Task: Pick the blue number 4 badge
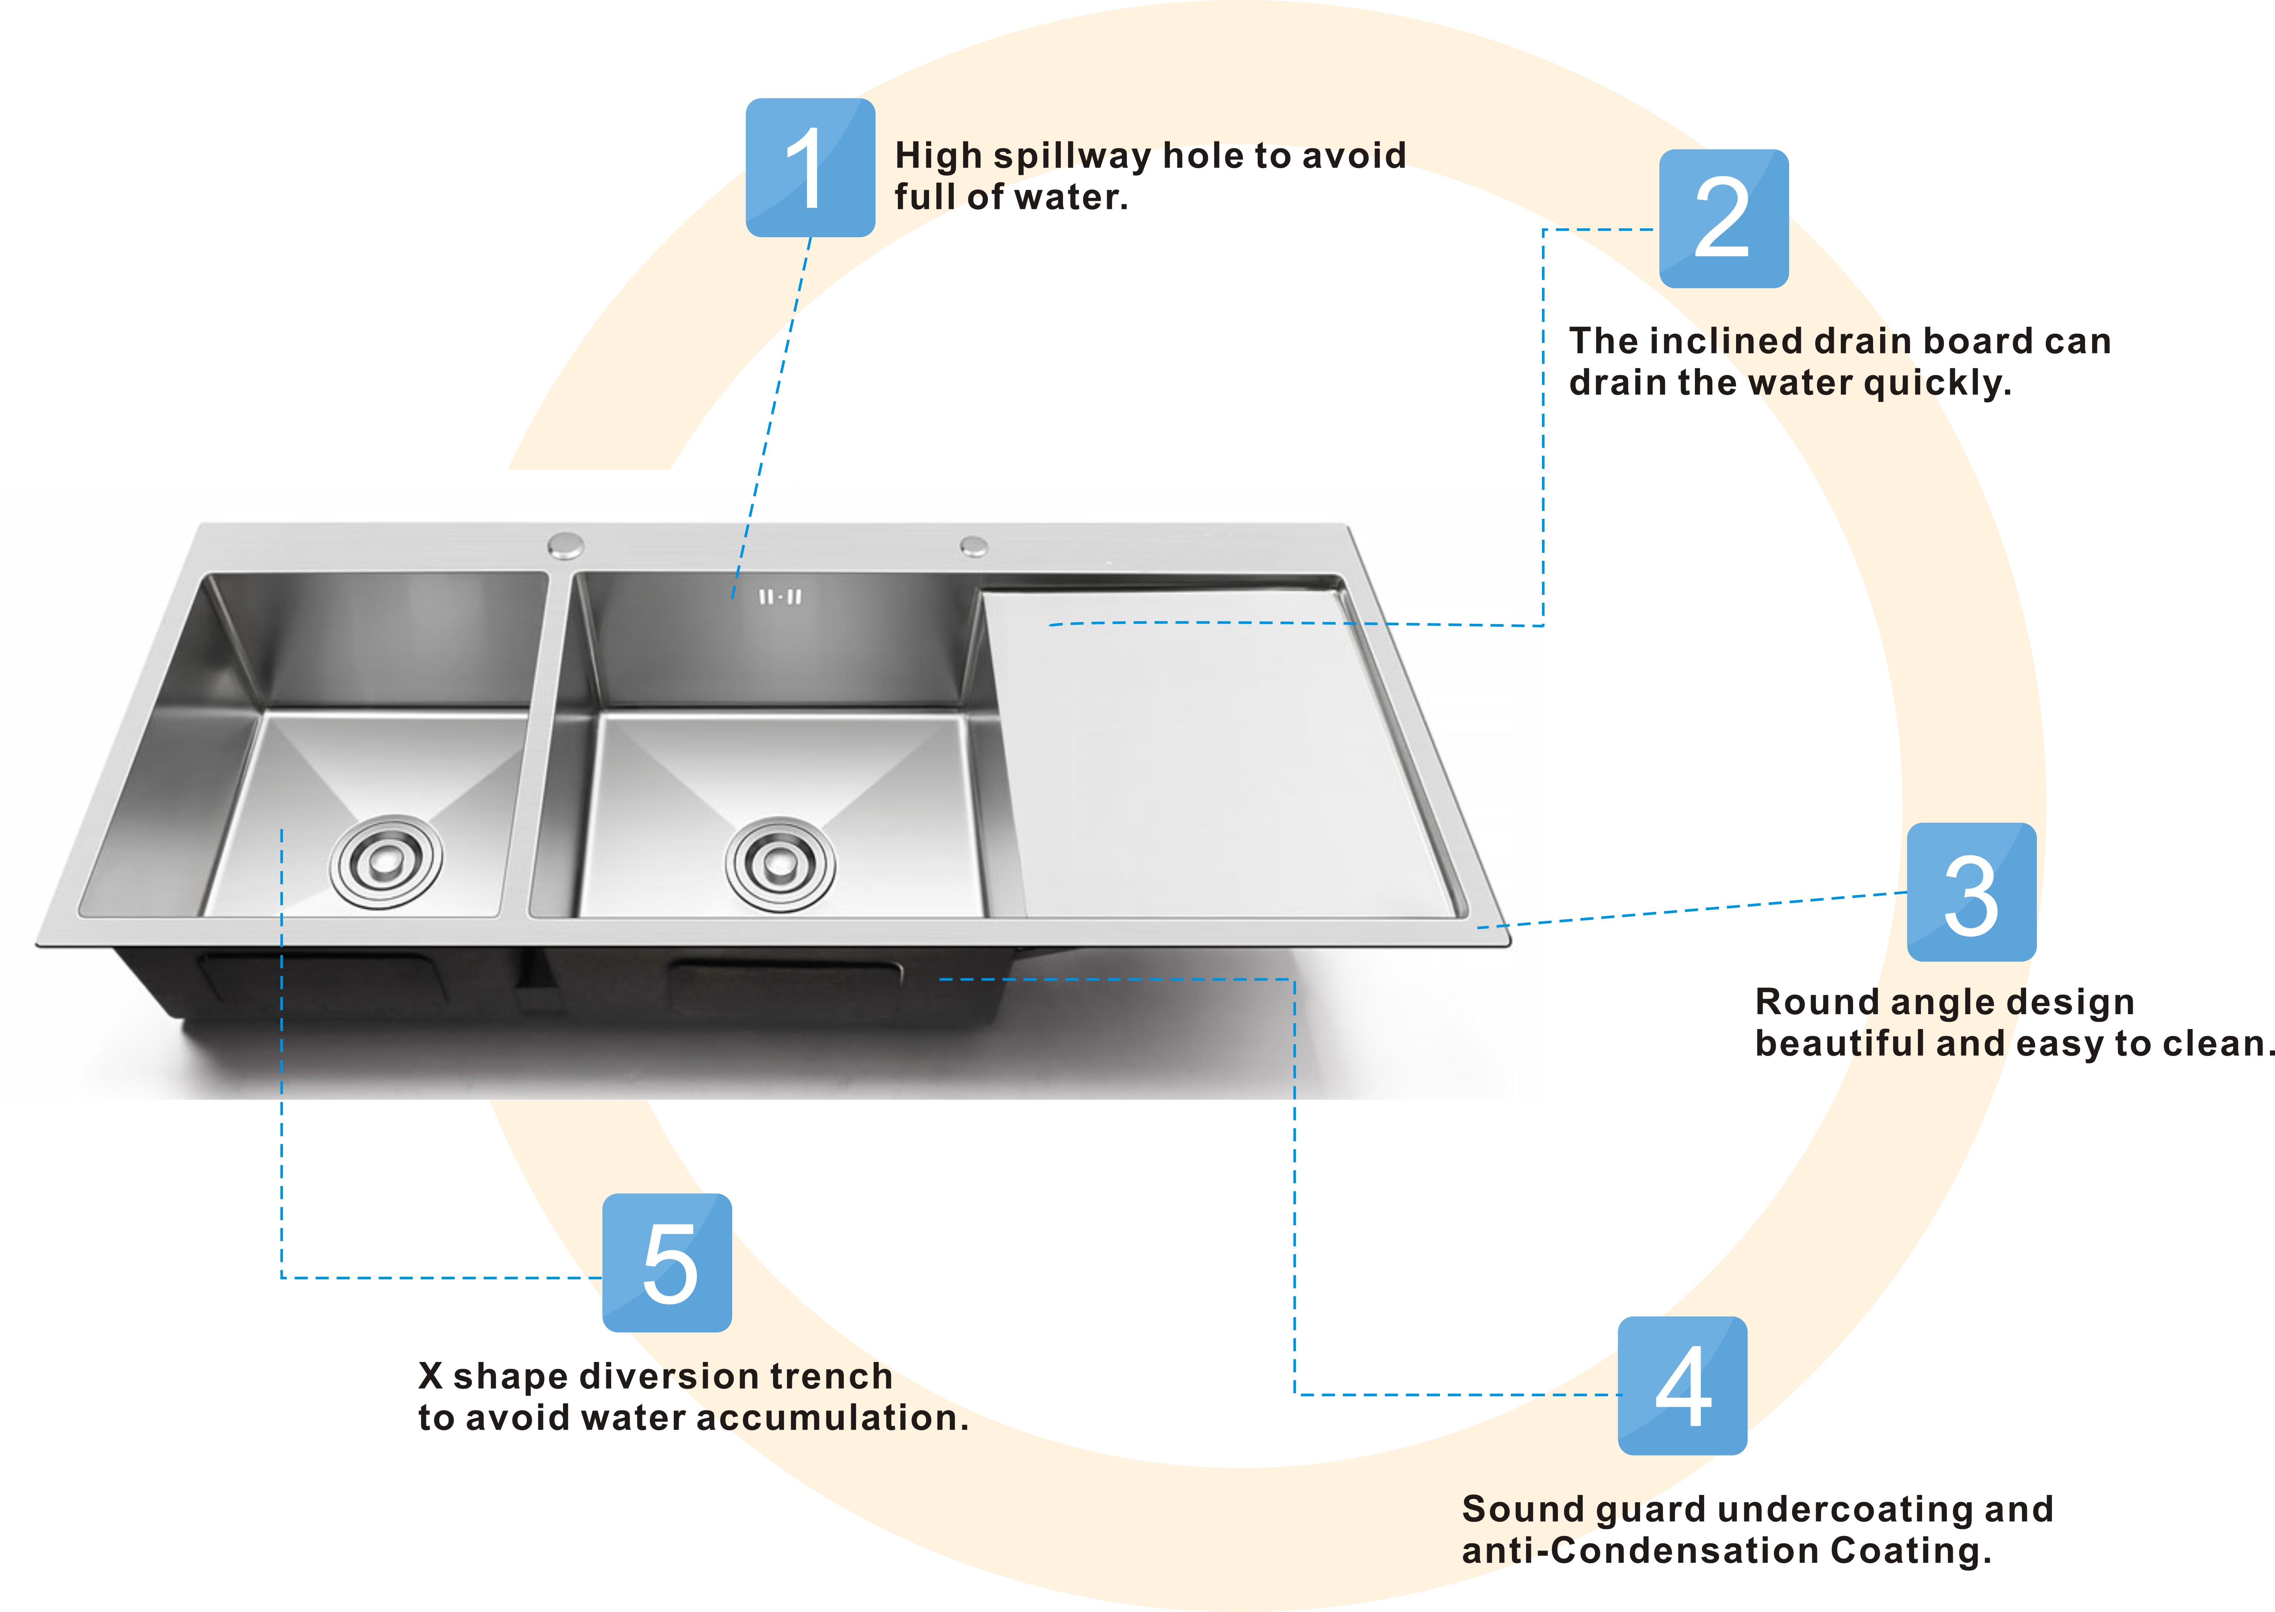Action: coord(1682,1386)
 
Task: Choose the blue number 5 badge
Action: coord(667,1263)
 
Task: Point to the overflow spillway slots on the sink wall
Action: coord(780,597)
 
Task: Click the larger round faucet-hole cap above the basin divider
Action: coord(566,545)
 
